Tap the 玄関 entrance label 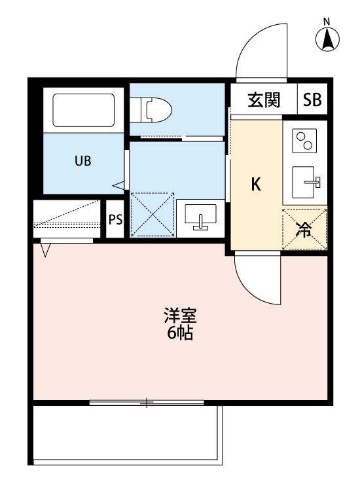(x=264, y=100)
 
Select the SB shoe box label (x=312, y=100)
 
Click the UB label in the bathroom (x=82, y=161)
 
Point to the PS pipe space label (x=115, y=219)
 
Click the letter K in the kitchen (x=257, y=185)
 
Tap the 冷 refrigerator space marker (x=304, y=229)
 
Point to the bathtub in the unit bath (x=83, y=111)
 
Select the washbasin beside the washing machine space (x=202, y=217)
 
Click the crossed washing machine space (x=153, y=215)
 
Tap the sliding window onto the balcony (x=147, y=403)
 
